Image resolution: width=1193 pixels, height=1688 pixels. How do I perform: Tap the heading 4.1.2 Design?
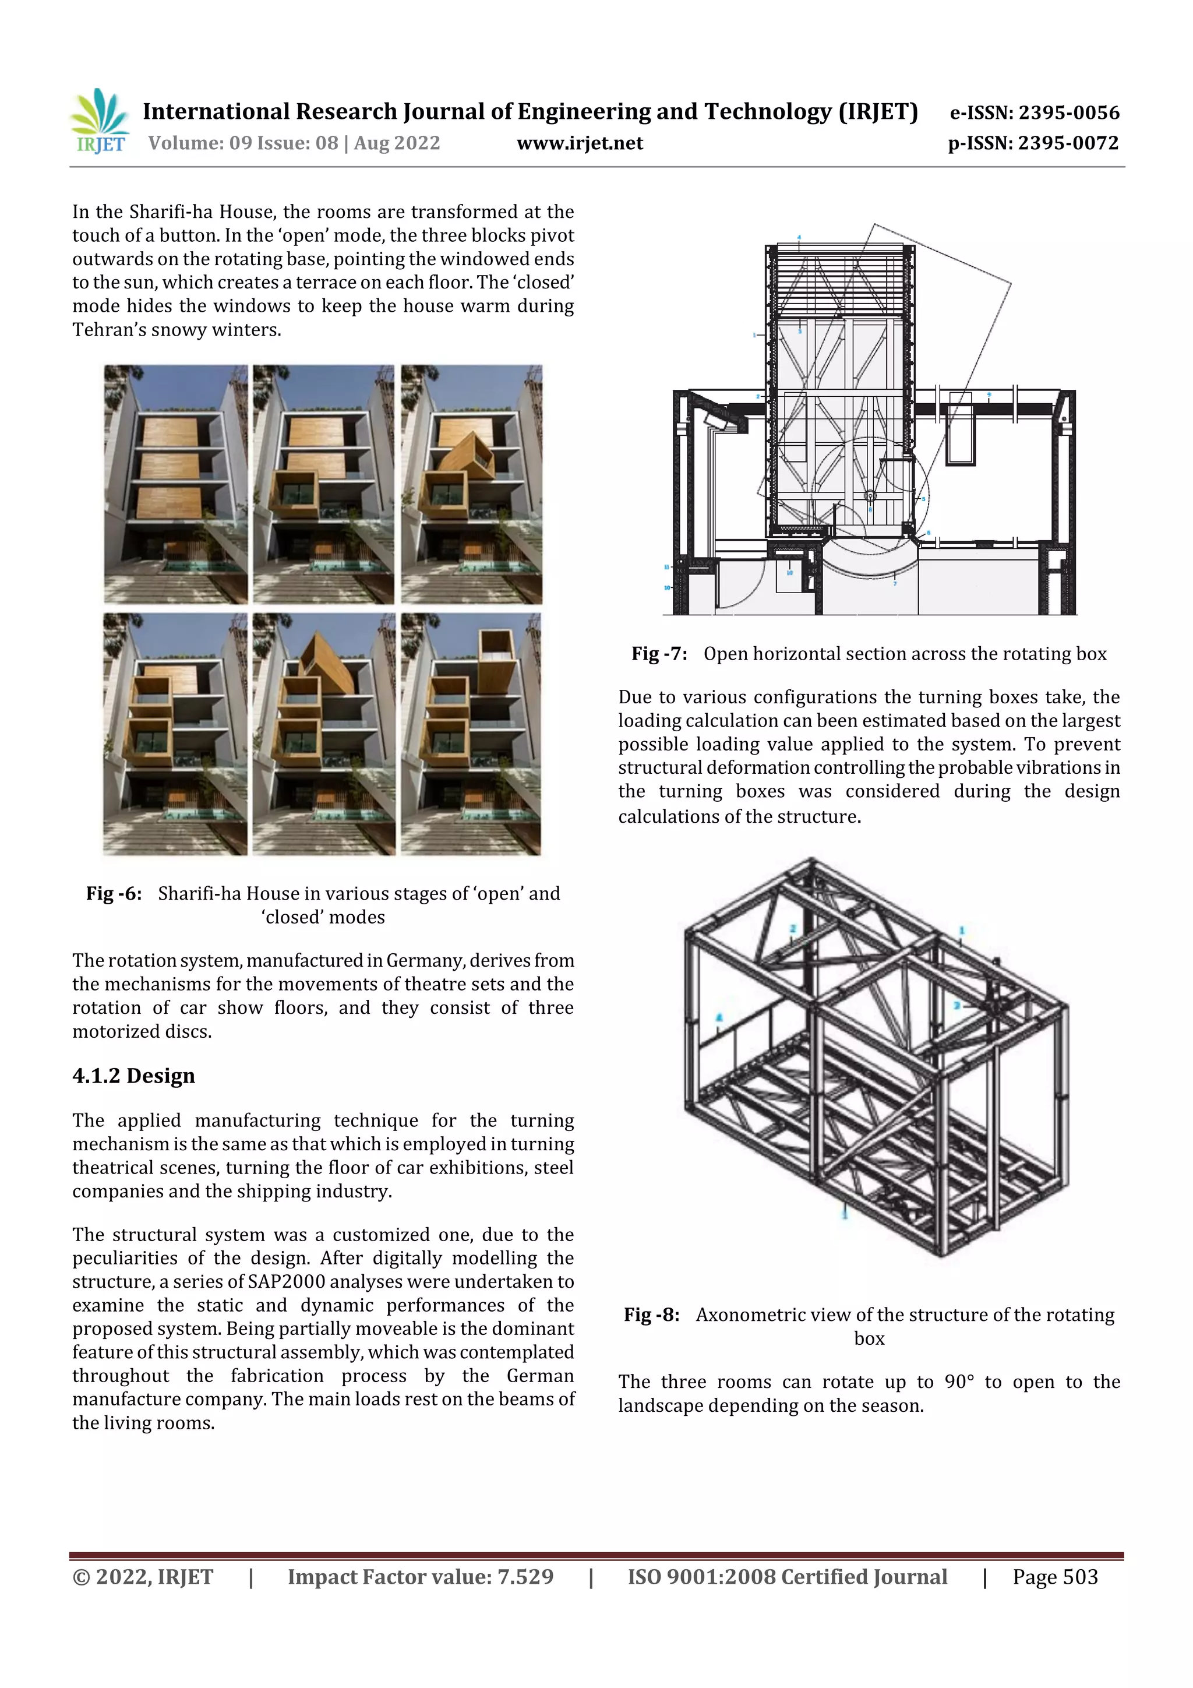(134, 1076)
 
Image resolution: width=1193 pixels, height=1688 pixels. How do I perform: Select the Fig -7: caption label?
(659, 654)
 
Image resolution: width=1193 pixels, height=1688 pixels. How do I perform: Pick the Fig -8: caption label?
(652, 1315)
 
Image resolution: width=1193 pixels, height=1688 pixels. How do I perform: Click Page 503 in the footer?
(1055, 1576)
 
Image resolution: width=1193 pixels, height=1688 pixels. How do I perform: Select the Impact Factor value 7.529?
(525, 1576)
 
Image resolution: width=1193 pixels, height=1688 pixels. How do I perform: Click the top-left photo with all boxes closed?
(176, 484)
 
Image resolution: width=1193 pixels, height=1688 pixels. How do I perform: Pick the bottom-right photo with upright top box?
(471, 734)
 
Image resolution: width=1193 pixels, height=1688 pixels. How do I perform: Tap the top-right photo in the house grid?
(471, 484)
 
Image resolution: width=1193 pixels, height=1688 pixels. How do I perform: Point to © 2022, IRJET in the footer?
(143, 1576)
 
